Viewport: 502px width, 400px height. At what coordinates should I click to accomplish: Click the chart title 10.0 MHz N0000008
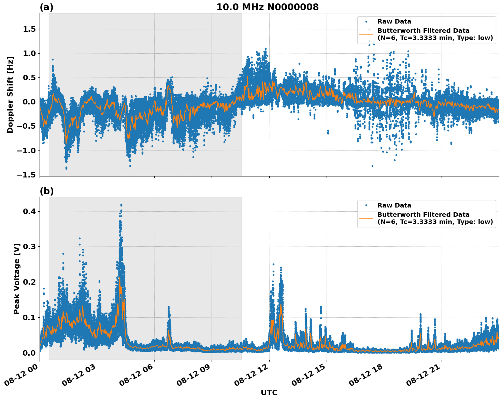[x=267, y=7]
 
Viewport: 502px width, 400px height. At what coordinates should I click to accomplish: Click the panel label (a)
[x=46, y=7]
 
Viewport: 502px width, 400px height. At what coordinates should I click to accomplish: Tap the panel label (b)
[x=46, y=191]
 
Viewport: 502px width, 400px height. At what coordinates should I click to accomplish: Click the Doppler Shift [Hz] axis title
[x=10, y=95]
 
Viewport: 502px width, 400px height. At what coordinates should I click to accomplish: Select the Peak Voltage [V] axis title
[x=17, y=278]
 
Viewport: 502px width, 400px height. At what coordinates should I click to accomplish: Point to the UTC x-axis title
[x=269, y=392]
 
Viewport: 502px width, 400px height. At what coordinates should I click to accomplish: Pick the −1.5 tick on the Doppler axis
[x=27, y=175]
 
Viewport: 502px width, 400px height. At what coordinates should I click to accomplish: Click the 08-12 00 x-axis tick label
[x=22, y=377]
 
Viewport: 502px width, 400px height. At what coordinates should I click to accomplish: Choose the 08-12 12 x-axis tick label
[x=252, y=377]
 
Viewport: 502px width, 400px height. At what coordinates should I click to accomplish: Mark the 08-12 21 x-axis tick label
[x=424, y=377]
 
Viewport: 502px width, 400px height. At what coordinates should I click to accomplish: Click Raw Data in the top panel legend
[x=394, y=22]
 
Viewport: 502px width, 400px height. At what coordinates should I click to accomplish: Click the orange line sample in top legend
[x=366, y=34]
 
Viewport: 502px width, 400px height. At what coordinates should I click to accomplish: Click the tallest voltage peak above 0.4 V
[x=121, y=205]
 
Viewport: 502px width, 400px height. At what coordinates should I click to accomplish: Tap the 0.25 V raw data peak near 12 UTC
[x=273, y=264]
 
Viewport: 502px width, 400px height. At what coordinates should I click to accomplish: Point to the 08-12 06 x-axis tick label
[x=137, y=377]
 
